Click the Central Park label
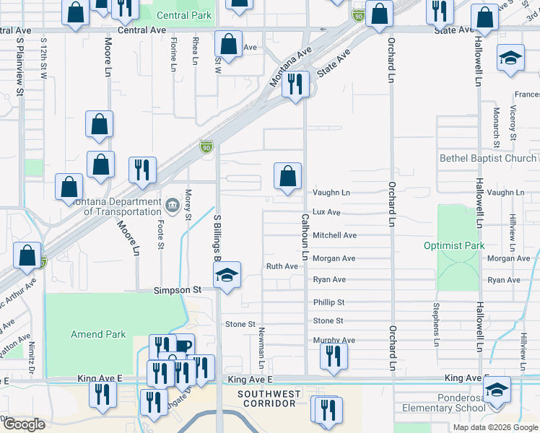coord(184,15)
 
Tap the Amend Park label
coord(98,334)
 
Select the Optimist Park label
coord(454,245)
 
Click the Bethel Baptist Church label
coord(488,158)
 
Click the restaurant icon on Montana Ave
coord(296,85)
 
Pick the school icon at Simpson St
coord(227,276)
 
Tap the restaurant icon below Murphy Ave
coord(333,356)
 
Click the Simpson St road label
coord(176,289)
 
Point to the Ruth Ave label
coord(282,266)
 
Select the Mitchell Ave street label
coord(334,235)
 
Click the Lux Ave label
coord(326,212)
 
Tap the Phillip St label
coord(328,302)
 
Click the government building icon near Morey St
coord(172,206)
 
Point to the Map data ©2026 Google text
coord(495,427)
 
